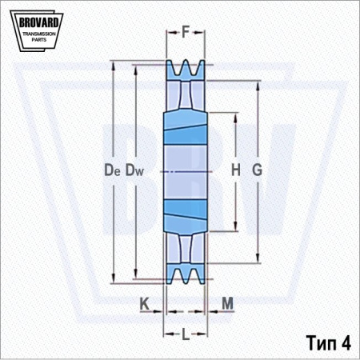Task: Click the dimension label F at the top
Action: tap(186, 32)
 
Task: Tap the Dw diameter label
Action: tap(134, 170)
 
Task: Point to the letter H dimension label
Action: tap(236, 170)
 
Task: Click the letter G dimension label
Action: tap(258, 170)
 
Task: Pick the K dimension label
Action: tap(144, 303)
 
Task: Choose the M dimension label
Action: tap(227, 303)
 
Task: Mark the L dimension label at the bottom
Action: tap(186, 334)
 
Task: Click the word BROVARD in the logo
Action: tap(38, 22)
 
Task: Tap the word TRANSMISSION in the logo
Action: tap(39, 34)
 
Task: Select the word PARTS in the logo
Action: tap(39, 40)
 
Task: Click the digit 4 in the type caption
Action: tap(346, 342)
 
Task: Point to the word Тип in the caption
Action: tap(321, 343)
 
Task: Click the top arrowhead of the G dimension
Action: tap(258, 86)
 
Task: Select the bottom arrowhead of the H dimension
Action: tap(235, 226)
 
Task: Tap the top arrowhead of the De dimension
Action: tap(114, 66)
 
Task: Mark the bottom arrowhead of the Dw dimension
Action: tap(136, 274)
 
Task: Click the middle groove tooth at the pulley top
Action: tap(186, 66)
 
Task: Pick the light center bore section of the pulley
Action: tap(186, 172)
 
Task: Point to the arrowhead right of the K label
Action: tap(158, 311)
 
